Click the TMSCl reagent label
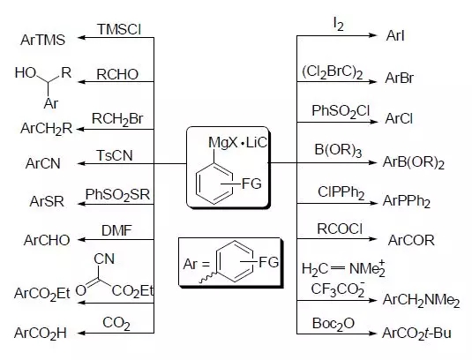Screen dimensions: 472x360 pos(119,29)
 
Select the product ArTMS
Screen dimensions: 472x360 pos(42,40)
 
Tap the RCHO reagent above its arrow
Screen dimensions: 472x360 pos(117,74)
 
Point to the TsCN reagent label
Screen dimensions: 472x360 pos(115,155)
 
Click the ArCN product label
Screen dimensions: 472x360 pos(43,163)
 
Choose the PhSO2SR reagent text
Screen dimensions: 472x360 pos(117,195)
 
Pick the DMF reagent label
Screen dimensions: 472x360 pos(116,231)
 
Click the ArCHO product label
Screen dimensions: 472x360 pos(47,240)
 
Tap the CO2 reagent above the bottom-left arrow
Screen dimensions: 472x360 pos(116,324)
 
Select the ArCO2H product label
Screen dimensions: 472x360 pos(41,334)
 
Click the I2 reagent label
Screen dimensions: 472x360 pos(339,25)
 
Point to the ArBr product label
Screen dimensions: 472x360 pos(399,79)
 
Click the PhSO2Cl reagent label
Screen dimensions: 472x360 pos(341,111)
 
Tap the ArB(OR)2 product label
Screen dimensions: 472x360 pos(414,163)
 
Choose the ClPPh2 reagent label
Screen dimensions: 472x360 pos(341,192)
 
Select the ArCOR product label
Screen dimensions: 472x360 pos(411,240)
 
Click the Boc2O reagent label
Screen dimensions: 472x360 pos(333,324)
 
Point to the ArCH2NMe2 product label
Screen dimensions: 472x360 pos(421,300)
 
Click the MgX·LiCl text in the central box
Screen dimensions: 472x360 pos(238,143)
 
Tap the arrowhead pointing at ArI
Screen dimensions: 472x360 pos(373,35)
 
